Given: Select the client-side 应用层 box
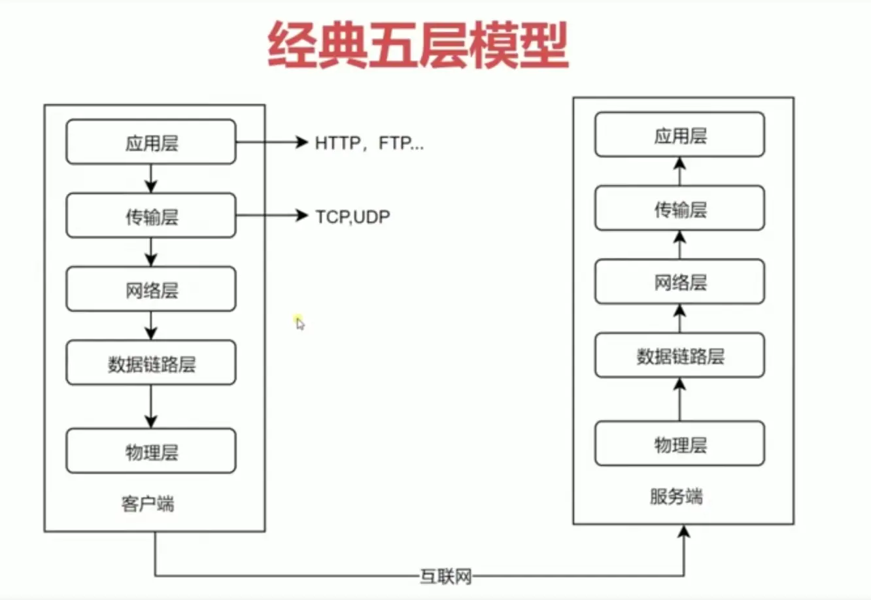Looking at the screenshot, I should [x=151, y=142].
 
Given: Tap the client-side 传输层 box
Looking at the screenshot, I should [x=151, y=216].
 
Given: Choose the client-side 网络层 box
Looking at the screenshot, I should [x=151, y=289].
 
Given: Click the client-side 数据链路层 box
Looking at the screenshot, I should [x=151, y=363].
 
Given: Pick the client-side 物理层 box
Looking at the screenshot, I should [x=151, y=451].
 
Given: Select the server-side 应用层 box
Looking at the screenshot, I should [x=679, y=135].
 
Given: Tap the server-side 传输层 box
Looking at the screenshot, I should [x=679, y=208].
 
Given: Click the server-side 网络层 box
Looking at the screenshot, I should [x=679, y=282].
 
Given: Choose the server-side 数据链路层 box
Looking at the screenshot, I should [x=679, y=356].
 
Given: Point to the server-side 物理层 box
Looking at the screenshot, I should [x=679, y=444].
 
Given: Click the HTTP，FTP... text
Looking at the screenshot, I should [x=369, y=143].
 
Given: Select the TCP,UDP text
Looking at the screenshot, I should [x=353, y=216].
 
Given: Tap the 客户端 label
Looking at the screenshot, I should [x=148, y=503].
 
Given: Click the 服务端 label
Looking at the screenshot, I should [x=676, y=496].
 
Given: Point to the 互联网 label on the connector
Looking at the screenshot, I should [x=445, y=576].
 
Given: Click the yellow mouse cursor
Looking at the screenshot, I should [x=299, y=322].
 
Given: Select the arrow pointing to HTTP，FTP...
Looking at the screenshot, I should [x=271, y=142].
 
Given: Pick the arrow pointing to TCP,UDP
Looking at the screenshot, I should [x=271, y=216].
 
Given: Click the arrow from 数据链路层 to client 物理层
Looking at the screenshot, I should [x=151, y=407].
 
